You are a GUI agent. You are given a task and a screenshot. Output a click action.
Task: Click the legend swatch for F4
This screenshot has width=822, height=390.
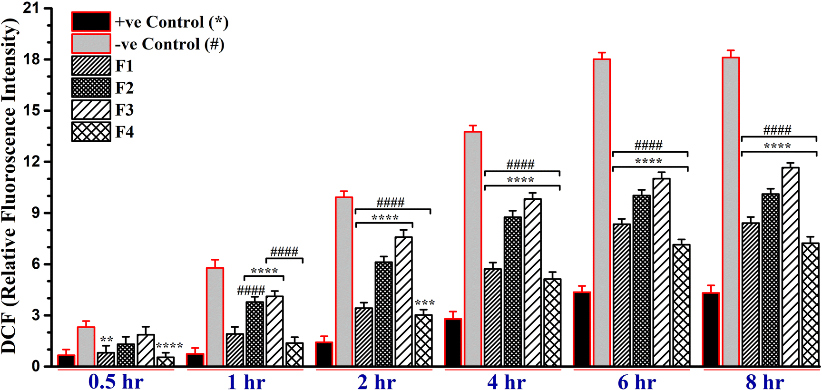click(91, 132)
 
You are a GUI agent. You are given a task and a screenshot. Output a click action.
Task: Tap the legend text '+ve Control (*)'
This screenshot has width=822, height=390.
click(172, 22)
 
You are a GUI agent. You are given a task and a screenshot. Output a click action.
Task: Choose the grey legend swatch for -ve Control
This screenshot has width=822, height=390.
click(91, 44)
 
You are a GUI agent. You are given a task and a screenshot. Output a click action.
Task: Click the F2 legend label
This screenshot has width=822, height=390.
click(125, 88)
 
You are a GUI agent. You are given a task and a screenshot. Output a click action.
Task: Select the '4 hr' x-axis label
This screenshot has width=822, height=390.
click(507, 382)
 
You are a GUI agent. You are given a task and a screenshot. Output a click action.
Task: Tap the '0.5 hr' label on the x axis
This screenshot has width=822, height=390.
click(116, 382)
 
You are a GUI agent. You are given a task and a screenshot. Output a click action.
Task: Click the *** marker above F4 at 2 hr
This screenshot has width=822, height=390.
click(424, 303)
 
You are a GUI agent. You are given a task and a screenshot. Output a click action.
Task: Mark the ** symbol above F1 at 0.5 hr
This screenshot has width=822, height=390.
click(107, 340)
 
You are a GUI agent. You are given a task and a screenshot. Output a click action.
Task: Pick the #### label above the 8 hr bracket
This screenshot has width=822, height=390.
click(777, 130)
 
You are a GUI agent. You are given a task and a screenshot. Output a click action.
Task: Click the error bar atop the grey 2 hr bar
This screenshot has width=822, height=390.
click(344, 194)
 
